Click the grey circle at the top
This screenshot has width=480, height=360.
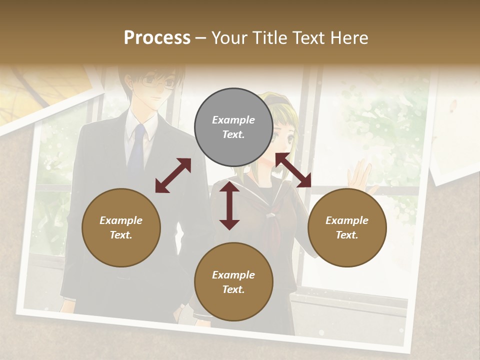tap(233, 127)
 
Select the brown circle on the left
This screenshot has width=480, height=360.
tap(121, 227)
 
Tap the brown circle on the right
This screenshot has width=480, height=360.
tap(347, 227)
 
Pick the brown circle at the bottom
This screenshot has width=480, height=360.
tap(233, 282)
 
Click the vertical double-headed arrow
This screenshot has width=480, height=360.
tap(229, 205)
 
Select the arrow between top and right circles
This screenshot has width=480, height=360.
tap(293, 170)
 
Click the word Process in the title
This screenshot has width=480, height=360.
tap(157, 37)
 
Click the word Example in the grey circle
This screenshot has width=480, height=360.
tap(233, 120)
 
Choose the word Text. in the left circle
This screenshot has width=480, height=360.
tap(121, 235)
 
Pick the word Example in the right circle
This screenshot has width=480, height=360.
tap(347, 220)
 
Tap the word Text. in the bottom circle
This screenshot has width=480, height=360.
tap(233, 289)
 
